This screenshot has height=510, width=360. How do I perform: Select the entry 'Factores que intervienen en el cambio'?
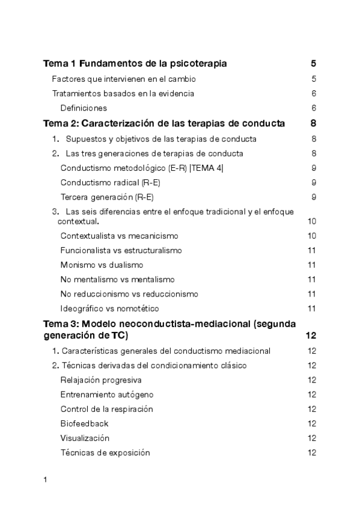coord(124,79)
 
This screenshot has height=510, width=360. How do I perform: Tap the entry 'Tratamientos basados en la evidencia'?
coord(123,93)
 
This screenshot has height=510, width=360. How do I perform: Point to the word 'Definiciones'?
coord(84,108)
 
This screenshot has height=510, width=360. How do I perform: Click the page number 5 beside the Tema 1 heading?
coord(313,63)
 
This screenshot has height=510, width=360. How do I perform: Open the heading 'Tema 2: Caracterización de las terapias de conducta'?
coord(164,124)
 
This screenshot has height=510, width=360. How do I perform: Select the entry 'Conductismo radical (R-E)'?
coord(110,182)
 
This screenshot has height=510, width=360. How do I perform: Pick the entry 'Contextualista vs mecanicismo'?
coord(119,236)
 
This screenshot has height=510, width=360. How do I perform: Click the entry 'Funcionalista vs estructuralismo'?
coord(121,250)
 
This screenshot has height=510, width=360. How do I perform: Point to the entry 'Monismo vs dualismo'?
coord(102,265)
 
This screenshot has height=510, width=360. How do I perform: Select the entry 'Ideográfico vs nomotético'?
coord(110,309)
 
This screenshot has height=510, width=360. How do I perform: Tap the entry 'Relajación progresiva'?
coord(101,380)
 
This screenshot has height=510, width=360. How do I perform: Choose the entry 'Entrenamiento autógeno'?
coord(106,395)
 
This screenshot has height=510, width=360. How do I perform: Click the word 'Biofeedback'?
coord(84,423)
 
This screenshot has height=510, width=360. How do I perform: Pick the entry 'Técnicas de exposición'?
coord(105,452)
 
